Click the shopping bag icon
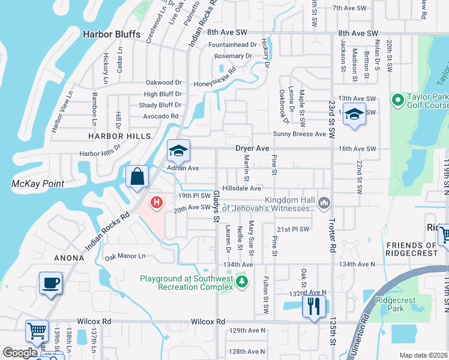pyautogui.click(x=137, y=177)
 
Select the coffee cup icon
pyautogui.click(x=50, y=283)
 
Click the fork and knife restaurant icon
pyautogui.click(x=313, y=306)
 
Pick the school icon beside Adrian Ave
pyautogui.click(x=178, y=151)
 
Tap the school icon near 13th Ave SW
pyautogui.click(x=354, y=114)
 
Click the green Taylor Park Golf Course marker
pyautogui.click(x=396, y=99)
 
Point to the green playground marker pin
pyautogui.click(x=241, y=281)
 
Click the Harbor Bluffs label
pyautogui.click(x=112, y=34)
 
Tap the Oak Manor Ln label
pyautogui.click(x=125, y=256)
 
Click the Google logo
pyautogui.click(x=20, y=353)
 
